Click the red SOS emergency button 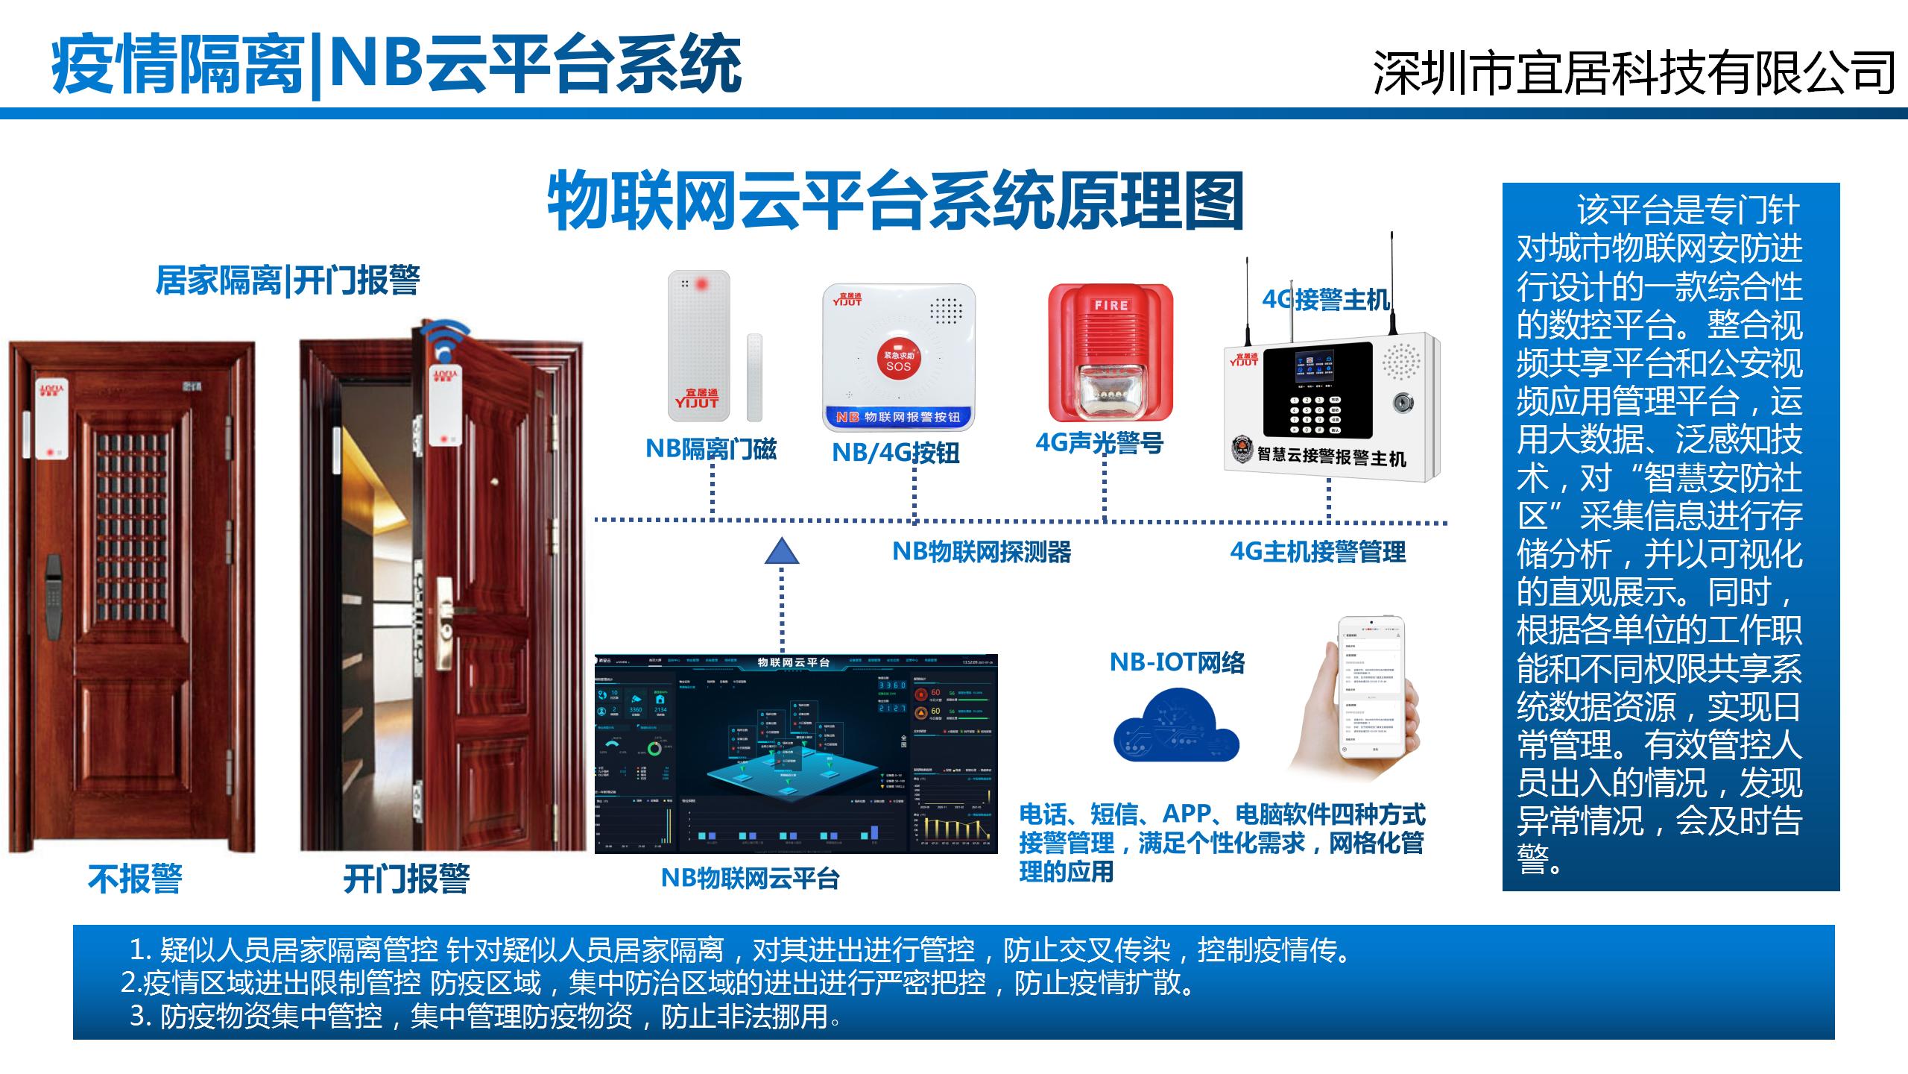(899, 360)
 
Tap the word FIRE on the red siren (1111, 305)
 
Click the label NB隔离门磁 (711, 449)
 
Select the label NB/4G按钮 (895, 453)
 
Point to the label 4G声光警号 (1099, 443)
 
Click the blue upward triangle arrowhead (782, 552)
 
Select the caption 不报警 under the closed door (135, 879)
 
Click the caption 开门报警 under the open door (406, 879)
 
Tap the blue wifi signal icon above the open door (445, 337)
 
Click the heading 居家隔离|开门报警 (288, 281)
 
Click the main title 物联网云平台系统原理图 (895, 201)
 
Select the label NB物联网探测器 (982, 552)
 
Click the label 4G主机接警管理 (1318, 552)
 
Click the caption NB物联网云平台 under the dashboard (750, 879)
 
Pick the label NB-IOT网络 (1177, 662)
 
